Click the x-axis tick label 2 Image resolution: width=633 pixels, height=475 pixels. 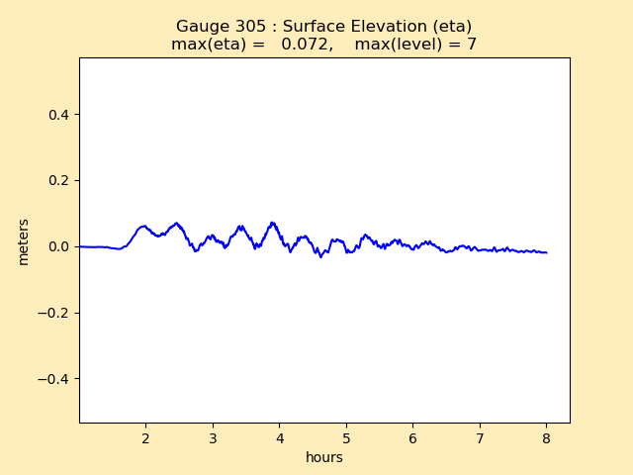[145, 437]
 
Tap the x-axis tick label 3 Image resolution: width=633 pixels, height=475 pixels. [213, 437]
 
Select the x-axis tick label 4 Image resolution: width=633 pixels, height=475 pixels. [279, 437]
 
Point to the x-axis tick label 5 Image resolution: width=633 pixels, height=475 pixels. [346, 437]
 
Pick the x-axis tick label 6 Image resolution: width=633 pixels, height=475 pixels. [412, 437]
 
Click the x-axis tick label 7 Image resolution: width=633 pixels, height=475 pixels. [480, 437]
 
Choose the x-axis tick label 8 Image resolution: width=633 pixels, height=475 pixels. [546, 437]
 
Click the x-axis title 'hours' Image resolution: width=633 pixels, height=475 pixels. [324, 457]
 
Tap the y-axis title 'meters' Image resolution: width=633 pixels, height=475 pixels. [24, 240]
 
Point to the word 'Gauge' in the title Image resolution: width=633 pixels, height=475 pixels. [200, 27]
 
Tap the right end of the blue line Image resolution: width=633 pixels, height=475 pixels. [546, 252]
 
